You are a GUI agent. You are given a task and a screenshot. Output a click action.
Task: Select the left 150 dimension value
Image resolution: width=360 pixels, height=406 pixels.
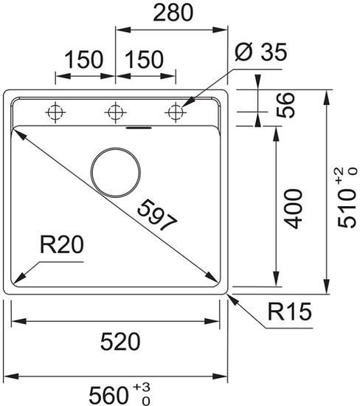[x=82, y=60]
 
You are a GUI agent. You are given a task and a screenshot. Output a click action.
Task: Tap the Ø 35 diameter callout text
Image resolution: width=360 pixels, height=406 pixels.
[x=259, y=53]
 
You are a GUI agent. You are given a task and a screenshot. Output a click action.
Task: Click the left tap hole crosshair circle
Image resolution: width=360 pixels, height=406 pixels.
[x=54, y=112]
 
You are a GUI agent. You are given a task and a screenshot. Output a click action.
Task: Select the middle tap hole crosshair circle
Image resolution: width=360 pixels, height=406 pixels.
[x=114, y=112]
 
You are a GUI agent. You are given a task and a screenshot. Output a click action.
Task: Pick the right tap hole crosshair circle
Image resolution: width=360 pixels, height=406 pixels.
[x=175, y=112]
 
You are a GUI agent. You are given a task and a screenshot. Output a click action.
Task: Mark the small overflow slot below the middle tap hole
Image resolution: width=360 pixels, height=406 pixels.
[x=137, y=126]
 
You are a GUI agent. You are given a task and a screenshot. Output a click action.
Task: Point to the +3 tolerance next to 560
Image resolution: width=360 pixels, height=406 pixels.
[x=141, y=386]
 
